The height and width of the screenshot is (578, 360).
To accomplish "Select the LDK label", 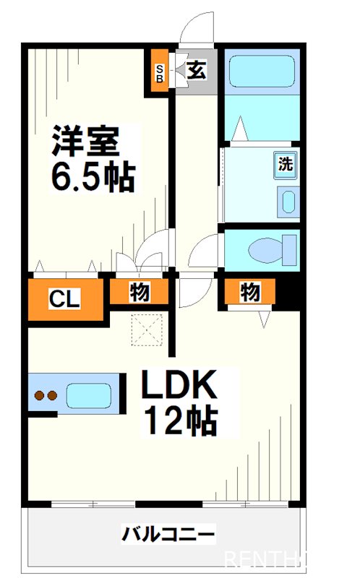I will click(x=179, y=387).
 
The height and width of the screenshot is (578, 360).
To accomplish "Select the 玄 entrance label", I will click(x=196, y=69).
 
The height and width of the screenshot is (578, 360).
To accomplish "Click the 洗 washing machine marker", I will click(x=286, y=163).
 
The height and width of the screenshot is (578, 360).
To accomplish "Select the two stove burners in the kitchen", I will click(x=46, y=395).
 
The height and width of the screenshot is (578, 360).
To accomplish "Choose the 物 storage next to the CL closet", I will click(x=140, y=293).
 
